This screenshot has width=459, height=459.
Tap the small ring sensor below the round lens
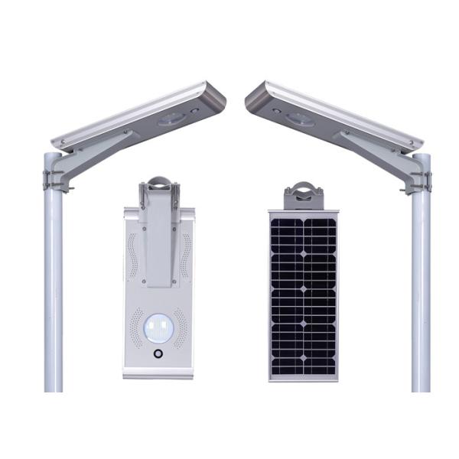pos(159,355)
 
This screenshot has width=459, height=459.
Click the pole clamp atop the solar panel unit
pos(303,194)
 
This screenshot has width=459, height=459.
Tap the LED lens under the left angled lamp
pos(171,119)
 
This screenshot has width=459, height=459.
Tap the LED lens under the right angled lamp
pos(299,119)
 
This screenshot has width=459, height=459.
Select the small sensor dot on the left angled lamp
pos(195,110)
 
